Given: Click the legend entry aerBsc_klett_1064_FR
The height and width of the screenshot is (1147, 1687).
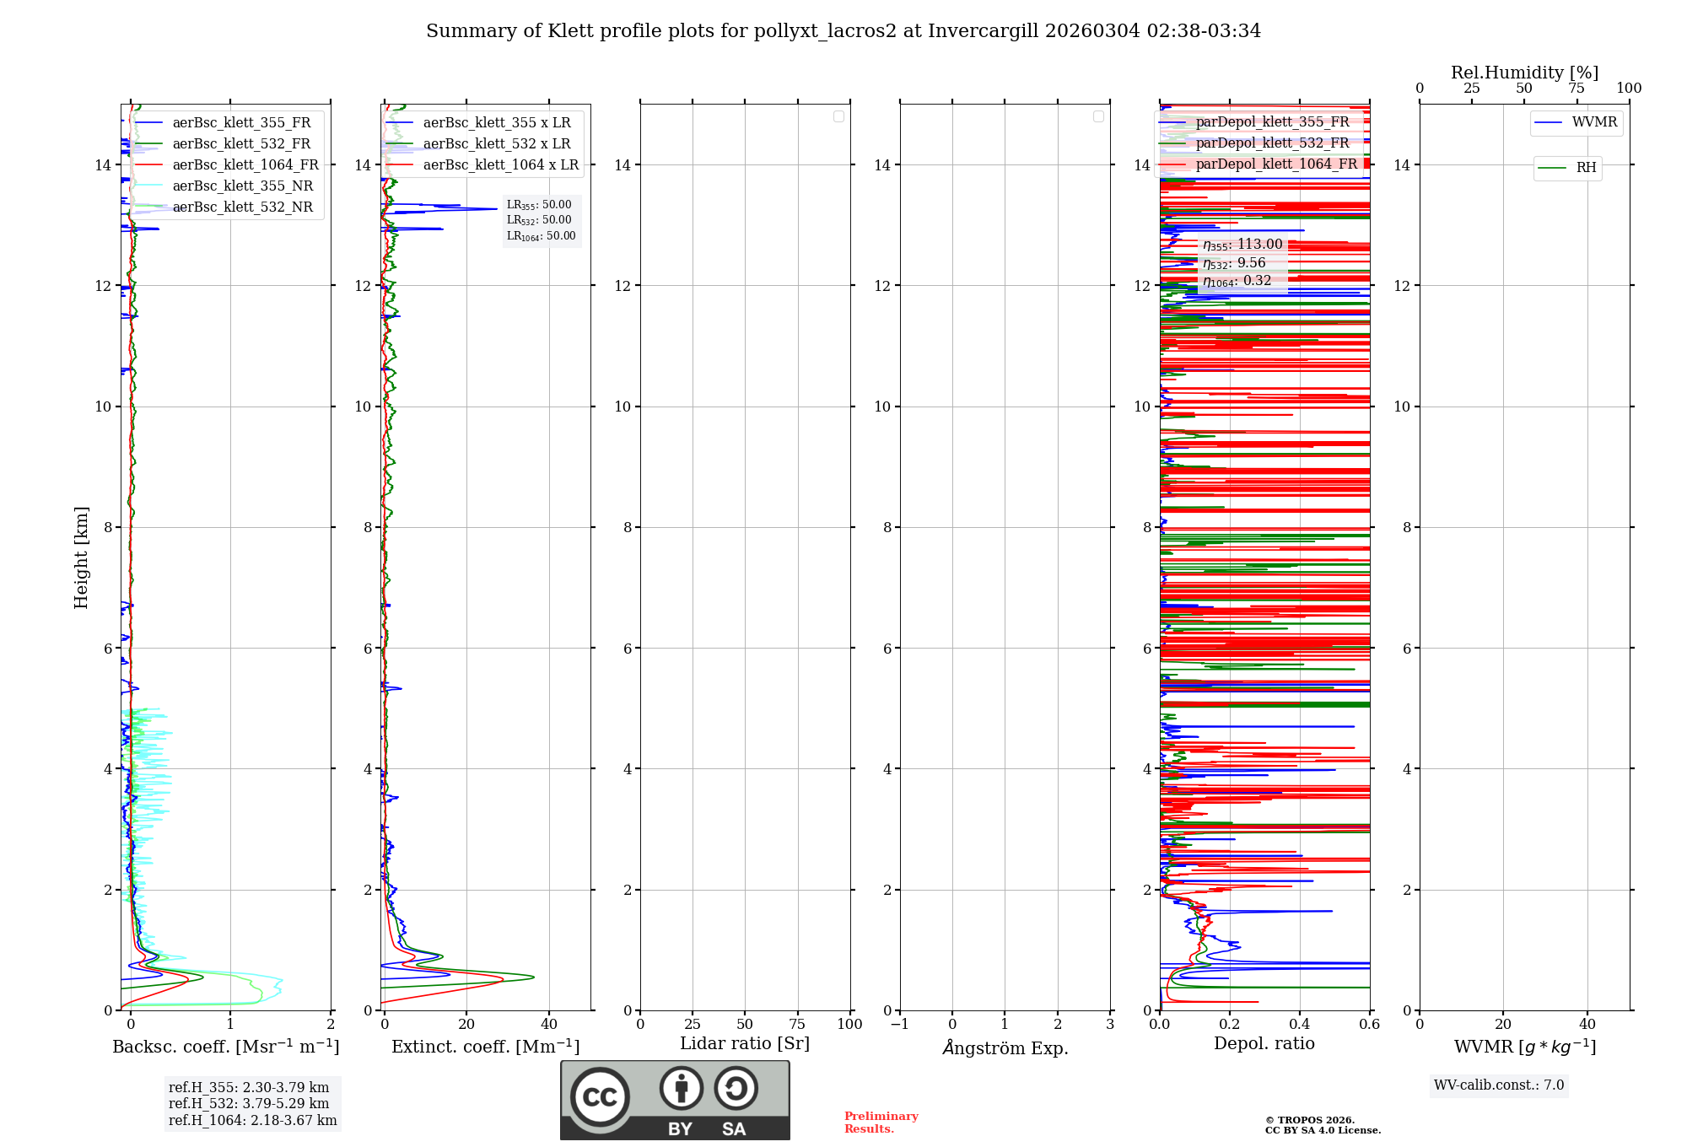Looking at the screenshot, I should [245, 165].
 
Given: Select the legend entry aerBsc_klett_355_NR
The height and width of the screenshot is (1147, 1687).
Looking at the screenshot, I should [242, 186].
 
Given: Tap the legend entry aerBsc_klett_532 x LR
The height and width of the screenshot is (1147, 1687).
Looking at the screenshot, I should [496, 144].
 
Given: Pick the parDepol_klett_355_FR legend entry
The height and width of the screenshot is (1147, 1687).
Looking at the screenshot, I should [1272, 122].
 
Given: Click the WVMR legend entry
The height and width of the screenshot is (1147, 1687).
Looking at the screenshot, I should [1594, 122].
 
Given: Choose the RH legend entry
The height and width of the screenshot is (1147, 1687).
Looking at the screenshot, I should [1586, 168].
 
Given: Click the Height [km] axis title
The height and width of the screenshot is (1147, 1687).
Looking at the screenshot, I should [81, 557].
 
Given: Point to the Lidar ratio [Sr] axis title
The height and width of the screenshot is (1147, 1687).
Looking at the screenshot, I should [744, 1044].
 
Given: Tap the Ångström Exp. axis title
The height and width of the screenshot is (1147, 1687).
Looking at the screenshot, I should [1005, 1048].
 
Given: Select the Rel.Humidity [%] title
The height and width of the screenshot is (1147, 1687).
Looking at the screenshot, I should [1524, 73].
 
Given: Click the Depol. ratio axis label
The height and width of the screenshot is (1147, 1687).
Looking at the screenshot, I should [1264, 1044].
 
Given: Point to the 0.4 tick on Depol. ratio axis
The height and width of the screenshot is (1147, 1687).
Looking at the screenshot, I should [1300, 1025].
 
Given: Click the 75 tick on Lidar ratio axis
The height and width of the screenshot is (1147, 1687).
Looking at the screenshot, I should [797, 1025].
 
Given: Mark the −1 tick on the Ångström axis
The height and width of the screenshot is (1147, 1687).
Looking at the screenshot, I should [899, 1025].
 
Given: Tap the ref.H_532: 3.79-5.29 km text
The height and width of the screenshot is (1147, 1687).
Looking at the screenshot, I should [249, 1104].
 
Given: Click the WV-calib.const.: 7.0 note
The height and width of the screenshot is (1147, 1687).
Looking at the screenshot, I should [1499, 1085].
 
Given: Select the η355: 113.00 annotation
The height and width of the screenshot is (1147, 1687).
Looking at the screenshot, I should [1242, 245].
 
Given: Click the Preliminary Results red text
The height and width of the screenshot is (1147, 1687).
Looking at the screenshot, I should [881, 1123].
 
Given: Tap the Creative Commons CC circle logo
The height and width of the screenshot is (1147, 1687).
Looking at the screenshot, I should [600, 1097].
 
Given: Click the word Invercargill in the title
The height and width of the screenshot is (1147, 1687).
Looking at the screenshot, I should [984, 31].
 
